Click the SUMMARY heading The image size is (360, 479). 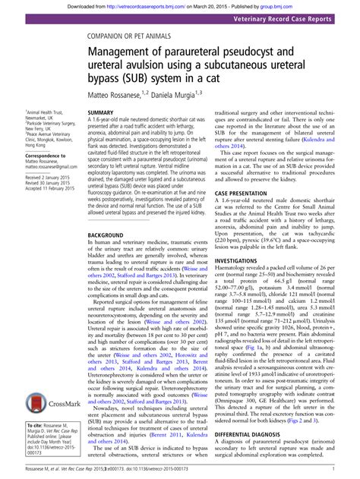click(x=100, y=112)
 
